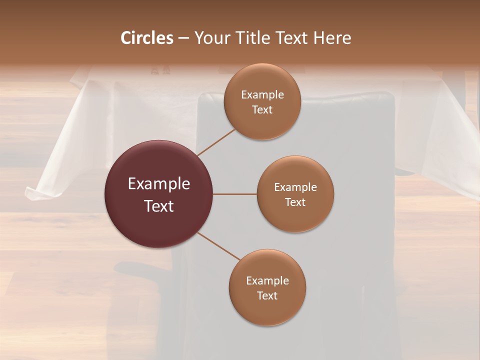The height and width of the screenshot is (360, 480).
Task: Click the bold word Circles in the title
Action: (146, 38)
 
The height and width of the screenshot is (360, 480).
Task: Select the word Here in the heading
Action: (332, 38)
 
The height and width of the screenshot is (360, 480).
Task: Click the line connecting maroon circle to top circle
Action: (216, 142)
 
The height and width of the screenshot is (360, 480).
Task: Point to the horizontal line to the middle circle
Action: (235, 194)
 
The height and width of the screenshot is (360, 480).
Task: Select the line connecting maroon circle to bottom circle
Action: (219, 246)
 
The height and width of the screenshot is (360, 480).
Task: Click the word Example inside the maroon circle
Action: (159, 184)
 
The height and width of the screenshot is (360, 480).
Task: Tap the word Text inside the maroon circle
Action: (159, 206)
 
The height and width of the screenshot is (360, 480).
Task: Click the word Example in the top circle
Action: (262, 95)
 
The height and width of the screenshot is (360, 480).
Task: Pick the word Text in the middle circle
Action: (295, 202)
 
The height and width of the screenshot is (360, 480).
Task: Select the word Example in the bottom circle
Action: (267, 281)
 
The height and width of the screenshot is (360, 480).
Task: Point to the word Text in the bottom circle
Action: (267, 295)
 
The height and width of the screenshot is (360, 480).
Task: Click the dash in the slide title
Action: (183, 38)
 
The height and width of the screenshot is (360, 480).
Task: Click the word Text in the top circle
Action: (262, 109)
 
